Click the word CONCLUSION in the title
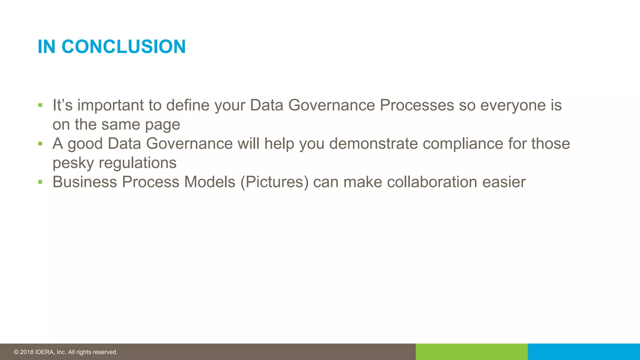pos(123,47)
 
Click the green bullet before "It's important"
pos(40,105)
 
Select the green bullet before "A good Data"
pos(40,144)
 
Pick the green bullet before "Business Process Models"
pos(40,182)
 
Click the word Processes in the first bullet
pos(417,105)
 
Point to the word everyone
pos(513,105)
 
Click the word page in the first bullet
pos(162,125)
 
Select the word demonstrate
pos(373,143)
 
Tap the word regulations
pos(137,163)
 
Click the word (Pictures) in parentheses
pos(274,182)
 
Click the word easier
pos(504,182)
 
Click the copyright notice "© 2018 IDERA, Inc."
pos(66,352)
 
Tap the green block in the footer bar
pos(472,352)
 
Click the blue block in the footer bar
pos(584,352)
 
